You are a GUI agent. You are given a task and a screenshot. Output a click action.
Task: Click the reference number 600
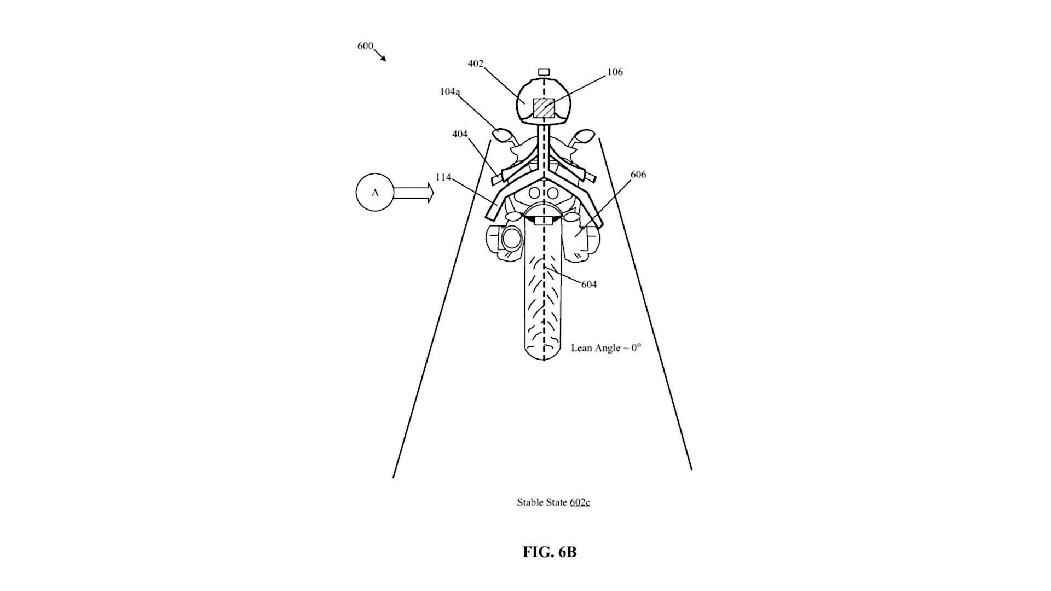[365, 46]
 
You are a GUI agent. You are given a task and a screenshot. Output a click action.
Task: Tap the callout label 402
[475, 63]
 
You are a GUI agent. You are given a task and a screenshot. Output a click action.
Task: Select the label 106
[615, 72]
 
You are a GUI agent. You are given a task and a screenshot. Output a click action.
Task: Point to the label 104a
[449, 91]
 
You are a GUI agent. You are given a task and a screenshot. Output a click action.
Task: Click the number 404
[460, 134]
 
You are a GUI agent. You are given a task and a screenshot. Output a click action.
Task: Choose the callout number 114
[443, 177]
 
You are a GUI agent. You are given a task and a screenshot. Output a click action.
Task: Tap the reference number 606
[638, 175]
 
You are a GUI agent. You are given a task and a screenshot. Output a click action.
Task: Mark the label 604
[589, 285]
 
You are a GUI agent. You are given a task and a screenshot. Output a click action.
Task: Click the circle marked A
[374, 193]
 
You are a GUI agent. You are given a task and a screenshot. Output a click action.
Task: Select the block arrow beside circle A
[413, 193]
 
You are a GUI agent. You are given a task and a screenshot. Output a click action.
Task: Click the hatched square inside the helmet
[544, 108]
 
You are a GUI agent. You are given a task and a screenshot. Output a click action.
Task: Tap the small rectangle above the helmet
[544, 72]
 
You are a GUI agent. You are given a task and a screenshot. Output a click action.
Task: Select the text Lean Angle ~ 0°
[606, 348]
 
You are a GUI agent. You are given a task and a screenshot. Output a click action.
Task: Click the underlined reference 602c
[580, 502]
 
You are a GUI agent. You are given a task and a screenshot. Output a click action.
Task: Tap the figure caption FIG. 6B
[550, 552]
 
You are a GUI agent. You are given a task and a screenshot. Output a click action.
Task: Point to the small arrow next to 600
[380, 55]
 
